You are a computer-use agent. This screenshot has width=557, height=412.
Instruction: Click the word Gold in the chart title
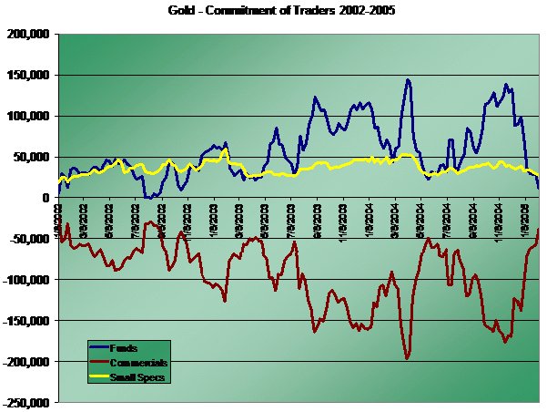(x=181, y=13)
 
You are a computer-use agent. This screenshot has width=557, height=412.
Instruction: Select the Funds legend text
(x=124, y=348)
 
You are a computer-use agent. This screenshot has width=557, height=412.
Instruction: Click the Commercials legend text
(x=138, y=362)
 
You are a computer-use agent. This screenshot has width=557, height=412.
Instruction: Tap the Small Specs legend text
(x=137, y=376)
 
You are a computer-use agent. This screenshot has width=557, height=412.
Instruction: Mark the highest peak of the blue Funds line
(x=408, y=80)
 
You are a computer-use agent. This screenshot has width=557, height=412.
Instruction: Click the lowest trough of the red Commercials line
(x=407, y=358)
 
